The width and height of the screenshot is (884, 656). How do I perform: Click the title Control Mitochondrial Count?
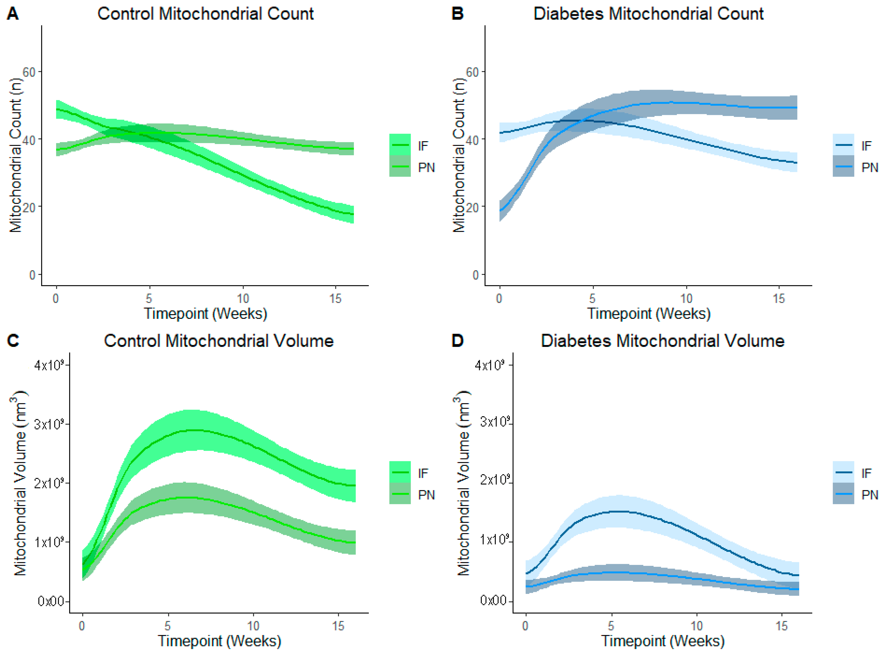click(206, 14)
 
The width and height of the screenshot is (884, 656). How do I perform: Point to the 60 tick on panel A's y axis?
click(29, 72)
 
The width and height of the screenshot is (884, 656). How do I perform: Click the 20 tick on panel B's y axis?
click(472, 207)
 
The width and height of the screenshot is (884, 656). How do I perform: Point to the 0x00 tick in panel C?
click(51, 601)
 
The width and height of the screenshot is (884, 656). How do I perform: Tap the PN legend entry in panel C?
click(426, 495)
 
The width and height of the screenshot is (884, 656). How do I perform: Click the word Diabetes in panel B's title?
click(569, 14)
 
